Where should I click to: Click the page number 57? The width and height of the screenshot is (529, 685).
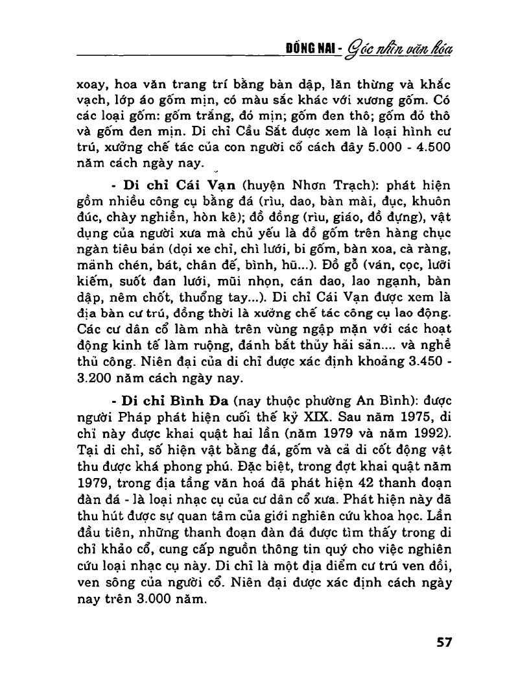coord(443,642)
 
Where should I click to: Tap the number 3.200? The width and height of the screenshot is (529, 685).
coord(97,376)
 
